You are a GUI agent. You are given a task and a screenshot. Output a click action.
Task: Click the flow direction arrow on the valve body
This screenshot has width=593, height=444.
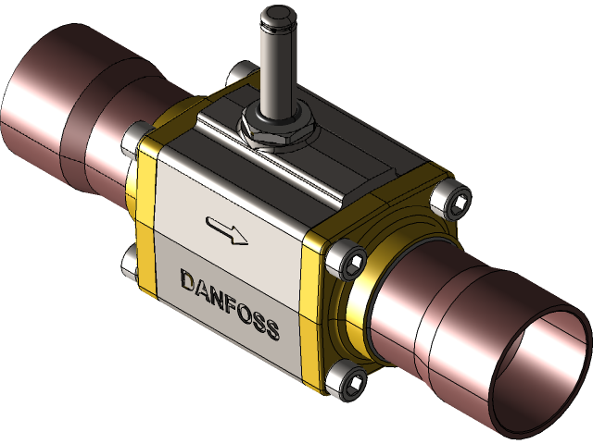pyautogui.click(x=227, y=231)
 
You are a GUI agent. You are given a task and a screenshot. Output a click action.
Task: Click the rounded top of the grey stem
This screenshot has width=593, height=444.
pyautogui.click(x=275, y=18)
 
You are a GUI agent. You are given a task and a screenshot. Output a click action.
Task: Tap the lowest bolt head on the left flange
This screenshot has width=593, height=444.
pyautogui.click(x=129, y=261)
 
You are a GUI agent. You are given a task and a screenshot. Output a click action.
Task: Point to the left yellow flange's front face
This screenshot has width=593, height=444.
pyautogui.click(x=146, y=222)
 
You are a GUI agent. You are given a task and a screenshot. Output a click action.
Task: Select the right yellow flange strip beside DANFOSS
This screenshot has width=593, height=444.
pyautogui.click(x=311, y=305)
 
